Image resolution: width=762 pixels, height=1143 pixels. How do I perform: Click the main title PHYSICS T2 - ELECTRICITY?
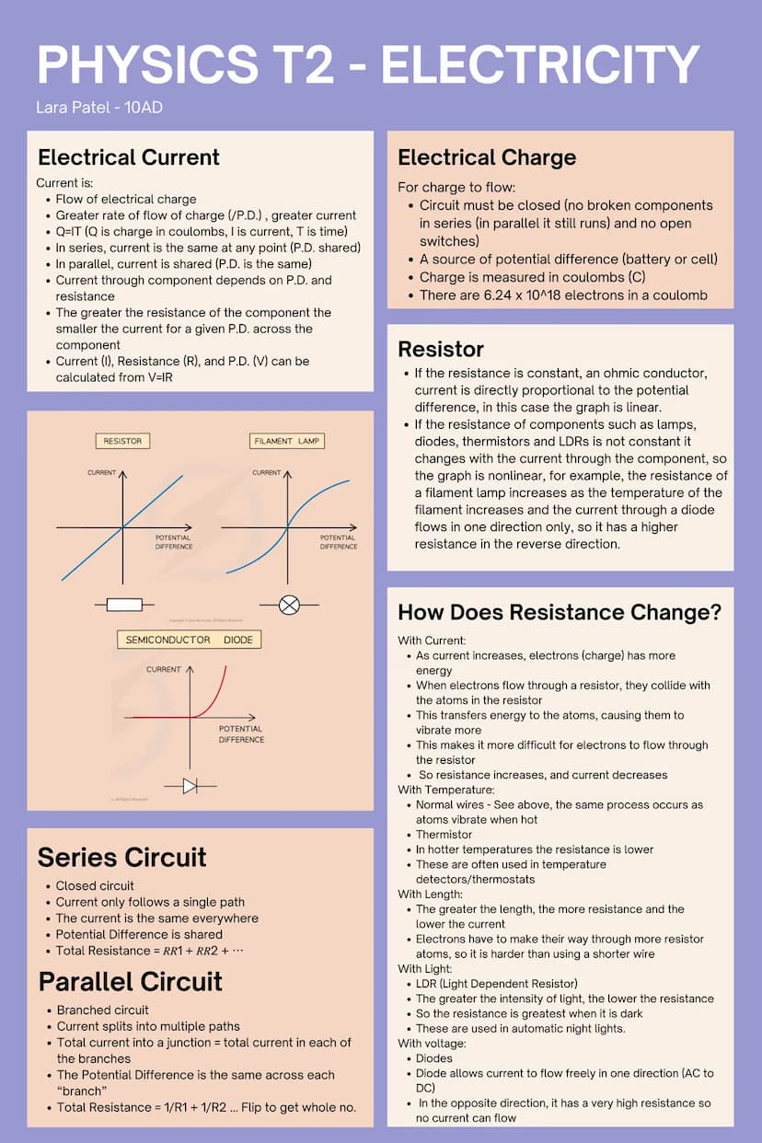pos(368,64)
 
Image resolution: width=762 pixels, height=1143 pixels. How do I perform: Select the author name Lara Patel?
pos(74,108)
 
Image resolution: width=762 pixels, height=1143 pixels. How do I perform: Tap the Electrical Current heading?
pos(129,157)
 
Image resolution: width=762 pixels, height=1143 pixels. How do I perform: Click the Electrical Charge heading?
pos(487,157)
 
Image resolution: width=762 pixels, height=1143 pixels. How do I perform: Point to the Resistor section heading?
pos(441,349)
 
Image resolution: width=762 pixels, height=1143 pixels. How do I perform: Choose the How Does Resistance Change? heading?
pos(560,612)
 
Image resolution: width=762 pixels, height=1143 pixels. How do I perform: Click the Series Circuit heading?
pos(121,858)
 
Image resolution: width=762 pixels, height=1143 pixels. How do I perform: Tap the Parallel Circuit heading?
pos(130,981)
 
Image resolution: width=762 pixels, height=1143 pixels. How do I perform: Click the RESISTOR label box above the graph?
pos(122,441)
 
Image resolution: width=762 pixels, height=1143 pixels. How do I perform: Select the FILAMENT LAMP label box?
pos(287,441)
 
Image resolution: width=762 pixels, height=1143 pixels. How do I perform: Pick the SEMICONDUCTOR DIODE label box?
pos(189,640)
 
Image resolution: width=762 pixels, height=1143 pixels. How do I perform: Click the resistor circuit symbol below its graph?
pos(124,605)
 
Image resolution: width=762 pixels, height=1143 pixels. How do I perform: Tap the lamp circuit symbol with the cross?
pos(289,605)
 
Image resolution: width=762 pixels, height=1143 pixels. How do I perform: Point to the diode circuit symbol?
pos(190,786)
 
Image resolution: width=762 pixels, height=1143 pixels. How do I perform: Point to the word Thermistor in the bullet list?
pos(444,835)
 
